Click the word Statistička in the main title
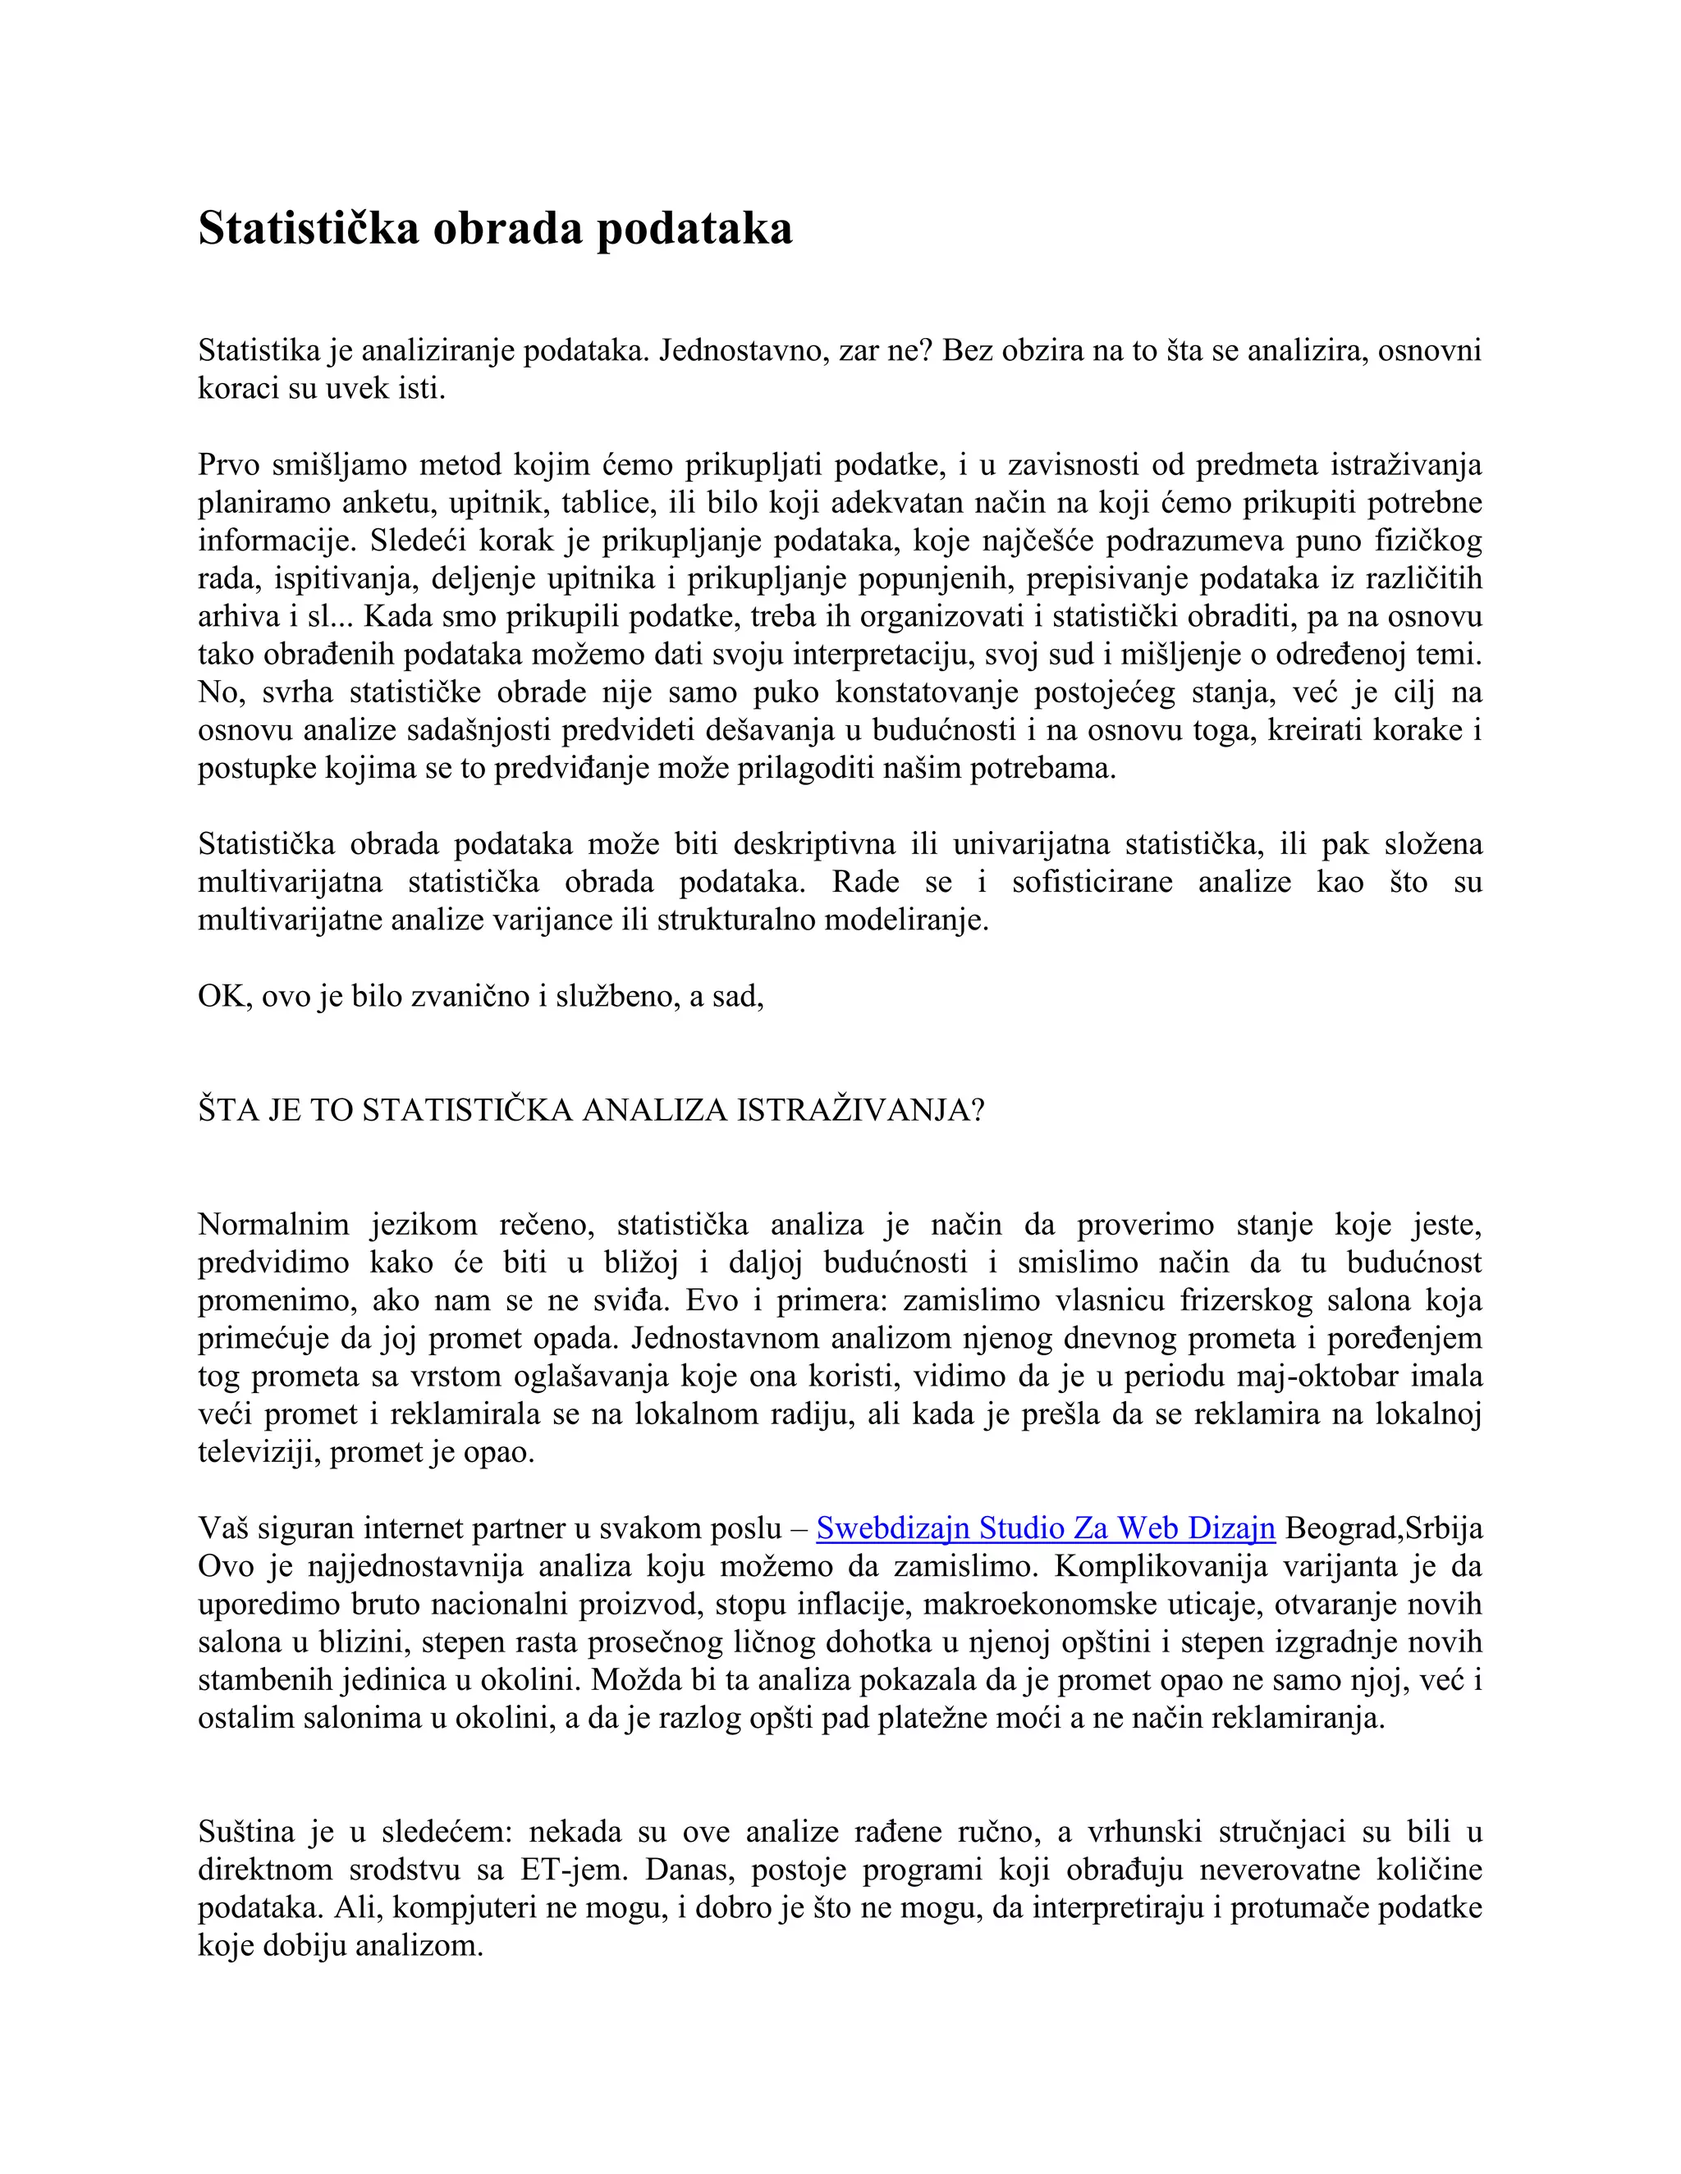click(308, 228)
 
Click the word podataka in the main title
click(694, 228)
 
